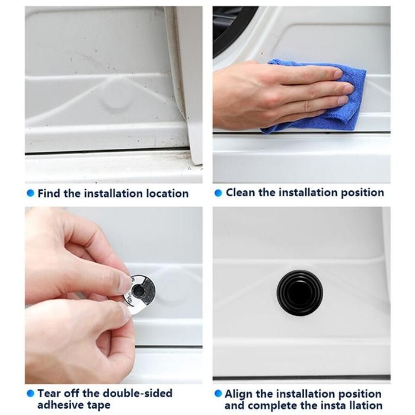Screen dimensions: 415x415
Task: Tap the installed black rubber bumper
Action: (x=299, y=293)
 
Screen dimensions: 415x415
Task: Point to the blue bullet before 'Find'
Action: (x=31, y=193)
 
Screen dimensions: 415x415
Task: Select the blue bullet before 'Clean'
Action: (x=218, y=193)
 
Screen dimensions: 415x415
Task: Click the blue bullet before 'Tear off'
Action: (x=31, y=393)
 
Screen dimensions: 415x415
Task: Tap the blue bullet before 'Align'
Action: (x=218, y=394)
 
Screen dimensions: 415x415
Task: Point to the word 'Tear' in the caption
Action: (x=48, y=393)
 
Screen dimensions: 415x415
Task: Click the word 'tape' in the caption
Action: (x=99, y=405)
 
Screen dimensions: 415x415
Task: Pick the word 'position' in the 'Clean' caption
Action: (x=363, y=193)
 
